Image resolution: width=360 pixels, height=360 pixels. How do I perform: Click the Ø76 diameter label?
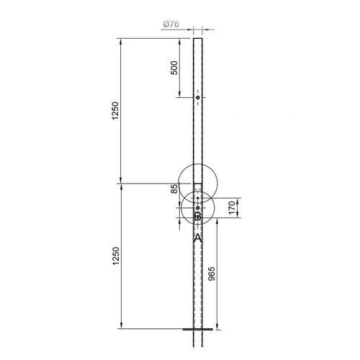[x=171, y=24]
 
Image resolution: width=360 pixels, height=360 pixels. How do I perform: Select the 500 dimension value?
[x=174, y=69]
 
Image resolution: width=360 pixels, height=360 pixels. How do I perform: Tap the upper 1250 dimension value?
[x=115, y=112]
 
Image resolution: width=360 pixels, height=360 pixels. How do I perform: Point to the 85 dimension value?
[x=174, y=191]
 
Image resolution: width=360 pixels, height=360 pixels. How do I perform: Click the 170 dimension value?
[x=232, y=208]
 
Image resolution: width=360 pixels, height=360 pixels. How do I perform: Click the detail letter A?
[x=197, y=236]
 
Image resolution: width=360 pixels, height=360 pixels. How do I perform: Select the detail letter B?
[x=197, y=216]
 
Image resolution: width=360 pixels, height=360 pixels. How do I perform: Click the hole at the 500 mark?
[x=197, y=98]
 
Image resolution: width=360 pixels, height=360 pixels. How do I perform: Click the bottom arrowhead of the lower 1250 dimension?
[x=121, y=328]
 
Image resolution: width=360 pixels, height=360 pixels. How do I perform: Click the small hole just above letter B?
[x=197, y=208]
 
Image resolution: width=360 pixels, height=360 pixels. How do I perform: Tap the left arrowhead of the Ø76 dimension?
[x=192, y=30]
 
